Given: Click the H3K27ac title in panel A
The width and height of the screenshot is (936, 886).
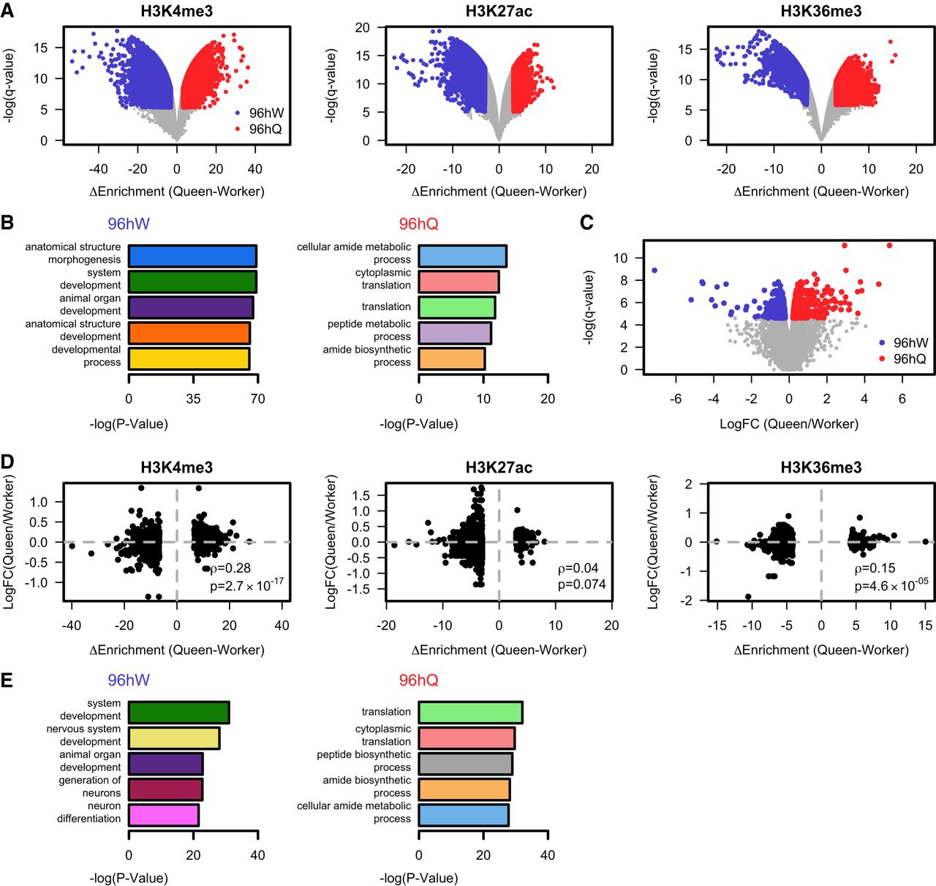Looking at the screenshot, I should pyautogui.click(x=499, y=11).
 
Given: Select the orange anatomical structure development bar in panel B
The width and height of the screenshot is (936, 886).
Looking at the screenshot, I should pyautogui.click(x=189, y=333).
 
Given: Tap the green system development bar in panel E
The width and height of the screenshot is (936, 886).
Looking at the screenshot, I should pyautogui.click(x=178, y=713).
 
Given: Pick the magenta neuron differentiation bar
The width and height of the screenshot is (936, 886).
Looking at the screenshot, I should pyautogui.click(x=163, y=815).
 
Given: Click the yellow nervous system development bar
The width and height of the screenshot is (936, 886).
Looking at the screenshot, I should pyautogui.click(x=174, y=738).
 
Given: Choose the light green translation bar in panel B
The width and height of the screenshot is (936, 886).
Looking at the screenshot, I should pyautogui.click(x=456, y=307).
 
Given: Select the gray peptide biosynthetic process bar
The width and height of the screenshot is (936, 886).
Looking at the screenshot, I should pyautogui.click(x=465, y=764).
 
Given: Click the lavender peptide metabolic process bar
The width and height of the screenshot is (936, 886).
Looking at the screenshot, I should pyautogui.click(x=454, y=333).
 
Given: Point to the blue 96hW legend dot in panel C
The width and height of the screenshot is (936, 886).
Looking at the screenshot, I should pyautogui.click(x=882, y=342).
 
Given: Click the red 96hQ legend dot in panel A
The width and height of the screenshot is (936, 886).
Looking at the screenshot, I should pyautogui.click(x=238, y=129).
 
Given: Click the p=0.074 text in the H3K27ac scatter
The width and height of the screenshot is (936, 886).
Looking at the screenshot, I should pyautogui.click(x=581, y=585).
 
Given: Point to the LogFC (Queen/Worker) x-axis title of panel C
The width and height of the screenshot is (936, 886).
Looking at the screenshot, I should pyautogui.click(x=789, y=424).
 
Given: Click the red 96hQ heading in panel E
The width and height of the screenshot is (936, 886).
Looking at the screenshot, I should pyautogui.click(x=418, y=680).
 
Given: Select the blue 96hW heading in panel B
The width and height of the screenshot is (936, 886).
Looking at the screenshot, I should pyautogui.click(x=129, y=224).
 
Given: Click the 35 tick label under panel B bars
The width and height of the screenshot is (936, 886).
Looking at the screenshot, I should pyautogui.click(x=193, y=399).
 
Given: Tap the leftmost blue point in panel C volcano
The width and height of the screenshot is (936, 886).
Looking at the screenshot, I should pyautogui.click(x=654, y=271).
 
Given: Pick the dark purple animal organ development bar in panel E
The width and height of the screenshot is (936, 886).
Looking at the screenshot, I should pyautogui.click(x=165, y=764).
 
